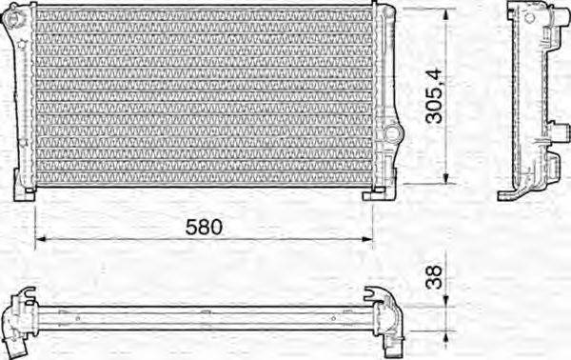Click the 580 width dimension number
click(203, 227)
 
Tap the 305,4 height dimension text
click(432, 95)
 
